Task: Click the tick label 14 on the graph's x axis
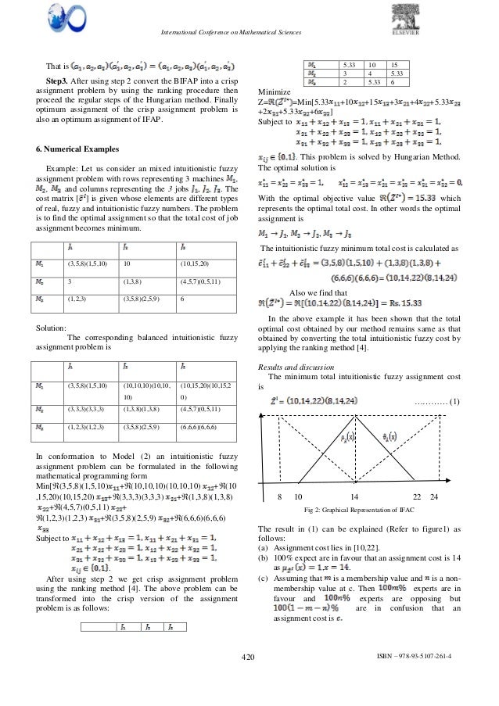click(354, 497)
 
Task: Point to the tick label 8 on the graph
click(280, 497)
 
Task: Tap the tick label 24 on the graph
click(434, 497)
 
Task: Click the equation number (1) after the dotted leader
click(454, 400)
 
